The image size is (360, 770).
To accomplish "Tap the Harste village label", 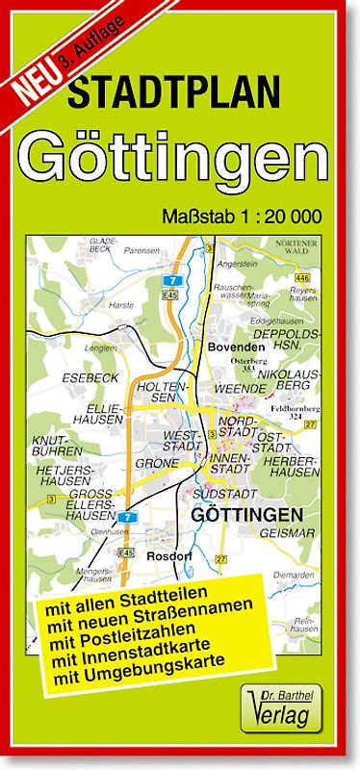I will (x=123, y=304).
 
